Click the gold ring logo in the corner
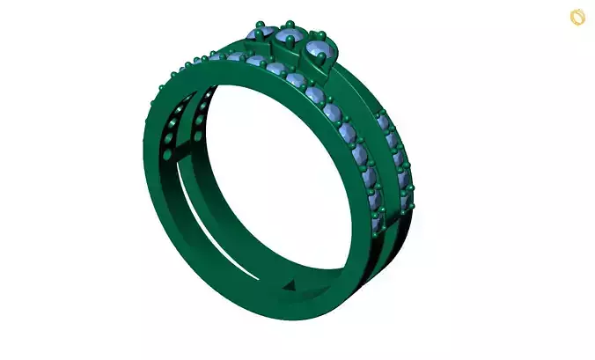click(x=577, y=16)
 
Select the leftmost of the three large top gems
click(x=262, y=34)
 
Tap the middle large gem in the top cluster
click(x=290, y=37)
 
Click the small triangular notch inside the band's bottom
click(x=290, y=288)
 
